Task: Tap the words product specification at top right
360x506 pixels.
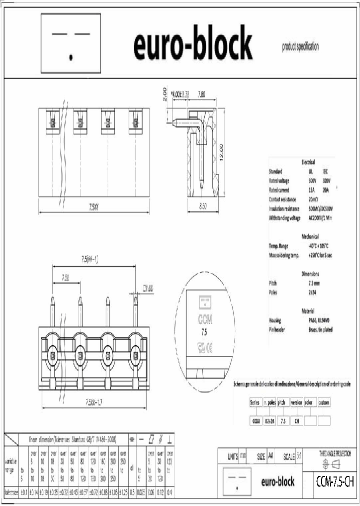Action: click(x=300, y=47)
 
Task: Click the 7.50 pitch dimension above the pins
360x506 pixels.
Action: click(x=66, y=277)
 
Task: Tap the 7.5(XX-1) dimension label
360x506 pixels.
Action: click(x=89, y=259)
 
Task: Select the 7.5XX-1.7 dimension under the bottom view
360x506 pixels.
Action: click(x=94, y=401)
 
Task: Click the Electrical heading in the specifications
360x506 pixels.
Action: click(x=308, y=163)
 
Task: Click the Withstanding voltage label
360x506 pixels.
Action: click(x=284, y=218)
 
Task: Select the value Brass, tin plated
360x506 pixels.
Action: click(x=320, y=329)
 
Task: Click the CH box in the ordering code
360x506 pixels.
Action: click(x=296, y=421)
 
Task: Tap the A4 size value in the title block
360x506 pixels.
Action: click(x=270, y=456)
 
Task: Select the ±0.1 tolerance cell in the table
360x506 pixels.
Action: click(x=23, y=492)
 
